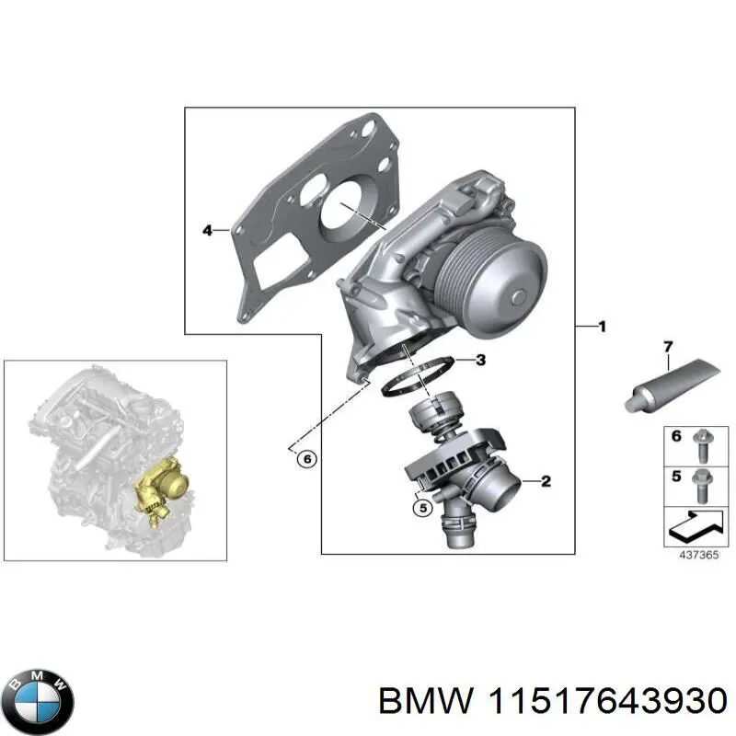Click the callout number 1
(x=602, y=326)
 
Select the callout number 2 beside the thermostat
(x=546, y=480)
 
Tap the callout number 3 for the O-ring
(x=480, y=360)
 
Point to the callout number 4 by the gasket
(x=207, y=229)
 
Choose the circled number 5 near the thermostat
(x=422, y=505)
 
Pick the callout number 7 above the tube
(x=669, y=346)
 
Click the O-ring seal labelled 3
(x=416, y=377)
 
